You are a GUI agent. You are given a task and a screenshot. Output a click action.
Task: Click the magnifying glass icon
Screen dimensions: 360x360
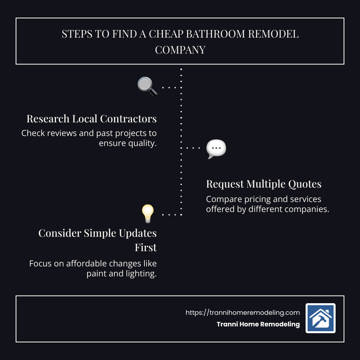tap(147, 86)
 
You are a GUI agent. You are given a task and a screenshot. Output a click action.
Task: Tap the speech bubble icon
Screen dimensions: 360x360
tap(216, 149)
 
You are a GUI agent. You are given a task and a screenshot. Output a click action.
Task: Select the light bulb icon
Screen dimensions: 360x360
tap(148, 214)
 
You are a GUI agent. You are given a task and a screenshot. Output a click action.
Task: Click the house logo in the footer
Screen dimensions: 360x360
tap(320, 318)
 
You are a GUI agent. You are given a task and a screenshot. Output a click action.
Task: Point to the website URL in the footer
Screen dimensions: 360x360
tap(243, 313)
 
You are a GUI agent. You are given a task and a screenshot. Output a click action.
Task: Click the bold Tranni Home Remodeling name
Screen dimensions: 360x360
tap(258, 324)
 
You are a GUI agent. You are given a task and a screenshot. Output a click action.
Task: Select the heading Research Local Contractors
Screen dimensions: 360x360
tap(92, 119)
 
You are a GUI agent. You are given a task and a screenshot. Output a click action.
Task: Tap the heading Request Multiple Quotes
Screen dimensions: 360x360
tap(264, 184)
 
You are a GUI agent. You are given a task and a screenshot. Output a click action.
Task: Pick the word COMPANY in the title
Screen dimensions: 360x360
tap(180, 50)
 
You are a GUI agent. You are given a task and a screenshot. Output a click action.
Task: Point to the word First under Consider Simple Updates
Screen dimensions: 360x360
tap(146, 248)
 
